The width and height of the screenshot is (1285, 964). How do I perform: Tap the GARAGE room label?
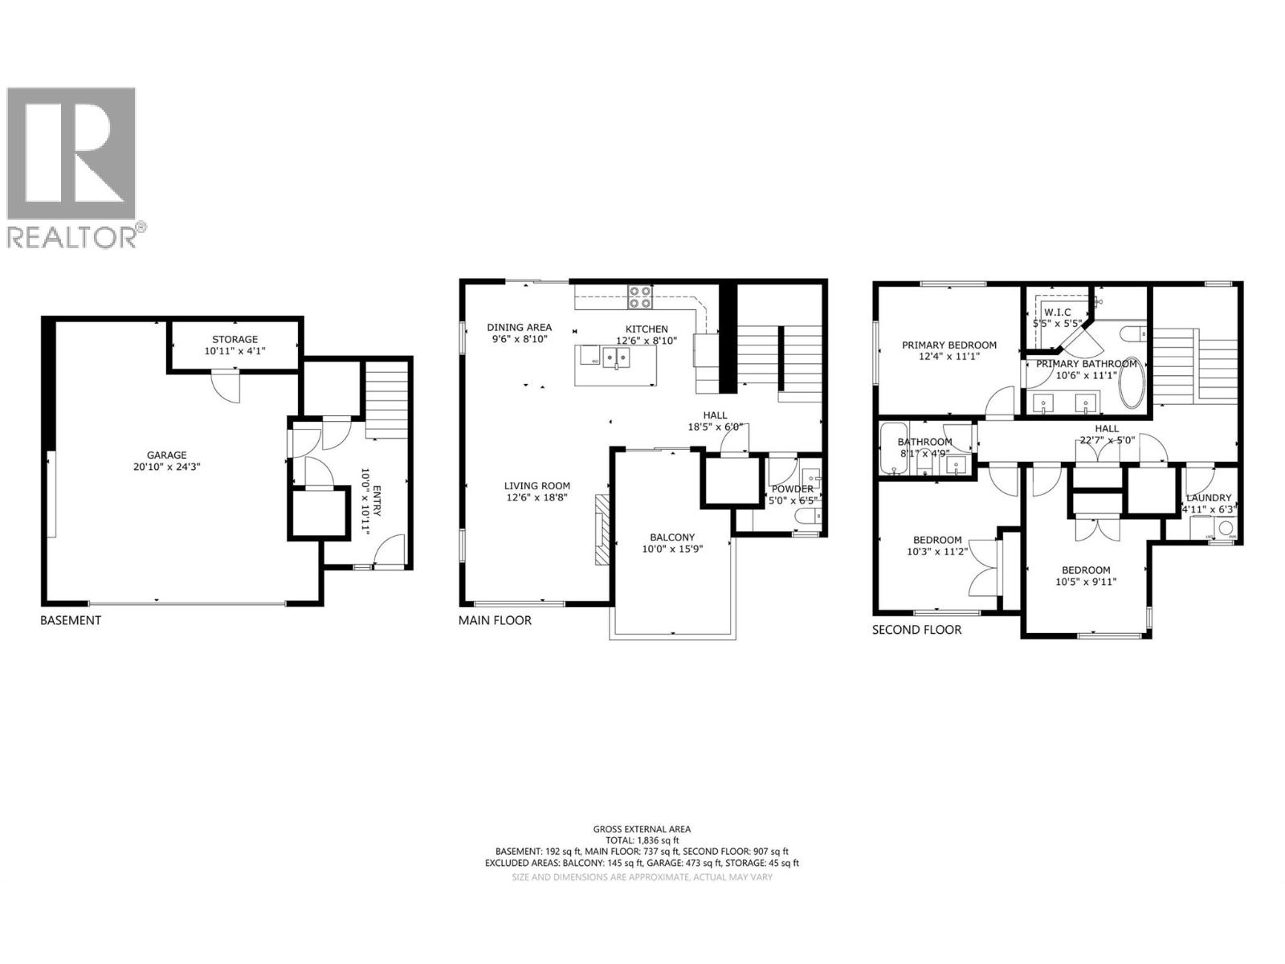coord(166,455)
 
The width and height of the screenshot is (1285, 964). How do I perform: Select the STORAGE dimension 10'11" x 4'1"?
coord(235,352)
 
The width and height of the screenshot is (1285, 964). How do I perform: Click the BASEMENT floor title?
coord(71,620)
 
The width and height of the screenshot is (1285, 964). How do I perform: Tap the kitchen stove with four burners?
coord(639,297)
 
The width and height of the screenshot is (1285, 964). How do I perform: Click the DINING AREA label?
coord(520,327)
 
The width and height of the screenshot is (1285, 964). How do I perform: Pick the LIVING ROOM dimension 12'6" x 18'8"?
coord(537,498)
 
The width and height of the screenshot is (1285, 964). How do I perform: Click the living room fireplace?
coord(602,529)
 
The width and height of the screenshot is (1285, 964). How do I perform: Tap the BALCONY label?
coord(672,537)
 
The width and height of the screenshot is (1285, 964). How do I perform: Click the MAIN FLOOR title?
coord(495,620)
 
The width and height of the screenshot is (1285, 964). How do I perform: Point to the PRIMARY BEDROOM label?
coord(948,345)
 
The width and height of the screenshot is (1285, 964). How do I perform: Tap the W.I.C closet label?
coord(1057,312)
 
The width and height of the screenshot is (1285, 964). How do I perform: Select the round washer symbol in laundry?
coord(1226,529)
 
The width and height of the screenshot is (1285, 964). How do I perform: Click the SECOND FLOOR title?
coord(916,630)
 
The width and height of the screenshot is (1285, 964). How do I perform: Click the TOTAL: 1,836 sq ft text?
coord(642,840)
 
